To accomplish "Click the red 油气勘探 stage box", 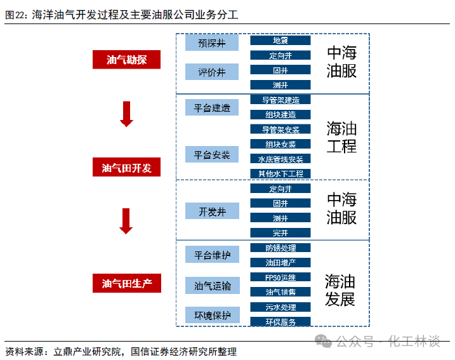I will pos(126,60).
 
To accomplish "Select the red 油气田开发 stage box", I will pos(126,168).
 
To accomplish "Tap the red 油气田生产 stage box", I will pos(126,283).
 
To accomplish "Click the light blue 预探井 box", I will pos(212,43).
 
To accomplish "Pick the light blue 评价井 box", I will pos(212,72).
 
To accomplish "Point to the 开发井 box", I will pos(212,211).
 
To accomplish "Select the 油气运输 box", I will pos(212,286).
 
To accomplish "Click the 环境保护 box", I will pos(212,314).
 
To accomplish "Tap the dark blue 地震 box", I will pos(280,40).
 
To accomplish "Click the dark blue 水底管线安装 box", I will pos(280,159).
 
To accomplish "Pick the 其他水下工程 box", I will pos(280,173).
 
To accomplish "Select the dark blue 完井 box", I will pos(280,232).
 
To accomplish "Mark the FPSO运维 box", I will pos(280,277).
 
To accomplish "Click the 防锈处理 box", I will pos(280,248).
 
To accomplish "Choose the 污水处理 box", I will pos(280,307).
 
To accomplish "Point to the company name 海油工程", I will pos(341,137).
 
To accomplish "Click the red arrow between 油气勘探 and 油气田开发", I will pos(126,114).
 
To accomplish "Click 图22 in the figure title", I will pos(15,13).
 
